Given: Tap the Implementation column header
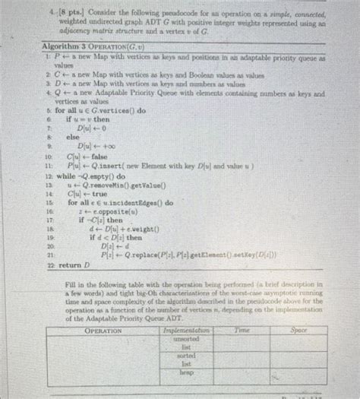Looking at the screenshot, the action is click(185, 331).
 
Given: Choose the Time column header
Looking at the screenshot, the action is click(242, 331).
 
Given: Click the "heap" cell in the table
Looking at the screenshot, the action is click(185, 374).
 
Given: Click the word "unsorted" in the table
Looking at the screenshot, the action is click(185, 340).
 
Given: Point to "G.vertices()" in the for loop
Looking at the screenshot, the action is click(108, 112).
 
